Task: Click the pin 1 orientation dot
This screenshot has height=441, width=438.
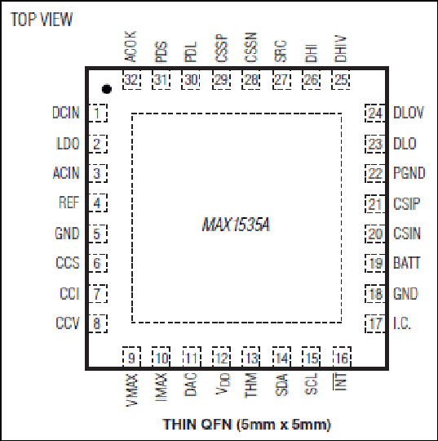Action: click(107, 89)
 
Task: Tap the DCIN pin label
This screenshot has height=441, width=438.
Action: click(66, 113)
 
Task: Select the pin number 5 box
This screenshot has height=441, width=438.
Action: click(98, 234)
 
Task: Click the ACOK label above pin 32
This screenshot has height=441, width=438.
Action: click(130, 47)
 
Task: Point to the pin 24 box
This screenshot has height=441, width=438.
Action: click(374, 113)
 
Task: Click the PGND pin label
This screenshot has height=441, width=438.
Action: click(409, 173)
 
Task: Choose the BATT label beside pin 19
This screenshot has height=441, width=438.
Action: click(406, 263)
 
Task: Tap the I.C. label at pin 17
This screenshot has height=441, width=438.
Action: click(402, 323)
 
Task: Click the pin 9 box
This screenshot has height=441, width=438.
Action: click(131, 357)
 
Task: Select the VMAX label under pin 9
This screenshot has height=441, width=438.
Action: click(131, 390)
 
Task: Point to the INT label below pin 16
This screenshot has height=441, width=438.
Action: click(340, 381)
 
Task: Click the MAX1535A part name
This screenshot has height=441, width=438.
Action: click(236, 225)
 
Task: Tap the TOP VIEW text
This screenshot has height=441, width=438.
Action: click(42, 20)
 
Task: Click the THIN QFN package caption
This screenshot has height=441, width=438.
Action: click(246, 425)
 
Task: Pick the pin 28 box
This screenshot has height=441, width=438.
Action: click(251, 80)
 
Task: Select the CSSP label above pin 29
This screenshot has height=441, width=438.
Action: click(221, 48)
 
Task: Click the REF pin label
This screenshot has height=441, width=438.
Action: click(69, 203)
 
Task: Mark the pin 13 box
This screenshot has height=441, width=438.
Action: click(251, 357)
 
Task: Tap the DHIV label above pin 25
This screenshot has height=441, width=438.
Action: click(340, 48)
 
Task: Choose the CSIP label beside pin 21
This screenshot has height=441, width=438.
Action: click(406, 204)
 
